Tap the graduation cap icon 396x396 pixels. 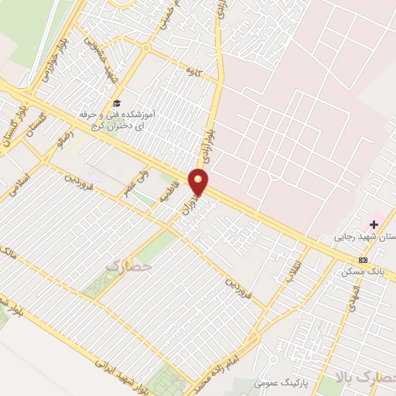[116, 103]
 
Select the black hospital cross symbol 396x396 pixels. [374, 224]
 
